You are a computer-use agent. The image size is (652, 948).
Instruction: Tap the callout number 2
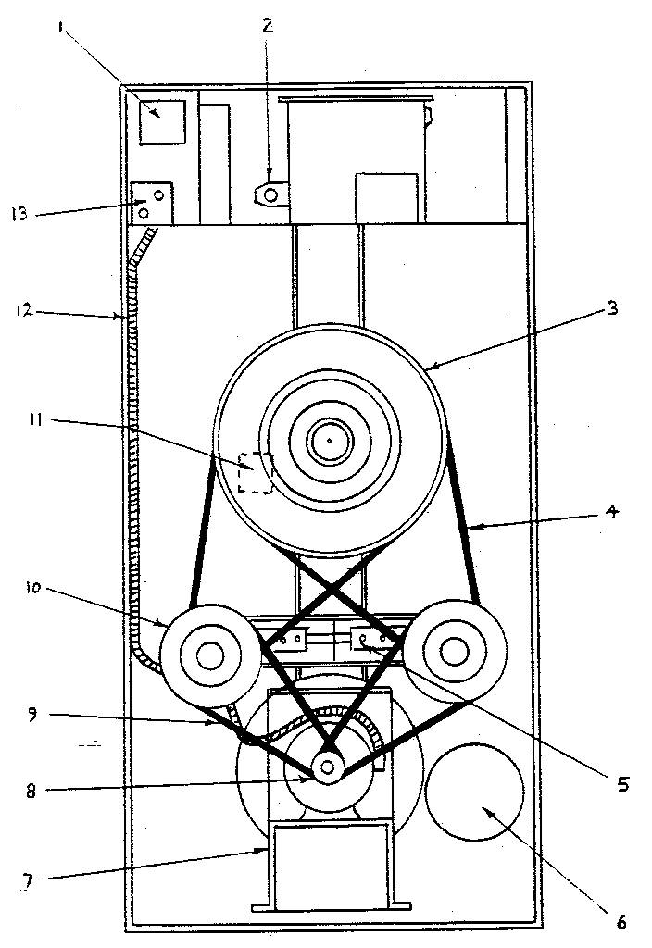268,25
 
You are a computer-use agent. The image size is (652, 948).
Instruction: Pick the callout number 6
621,922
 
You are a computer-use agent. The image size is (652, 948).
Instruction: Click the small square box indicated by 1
162,122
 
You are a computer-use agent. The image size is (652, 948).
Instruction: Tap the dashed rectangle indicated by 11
256,472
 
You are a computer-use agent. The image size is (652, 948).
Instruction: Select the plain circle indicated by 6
475,792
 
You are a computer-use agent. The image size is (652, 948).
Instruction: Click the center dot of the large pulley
328,440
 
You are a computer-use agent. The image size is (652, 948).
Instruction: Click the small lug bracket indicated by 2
270,195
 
